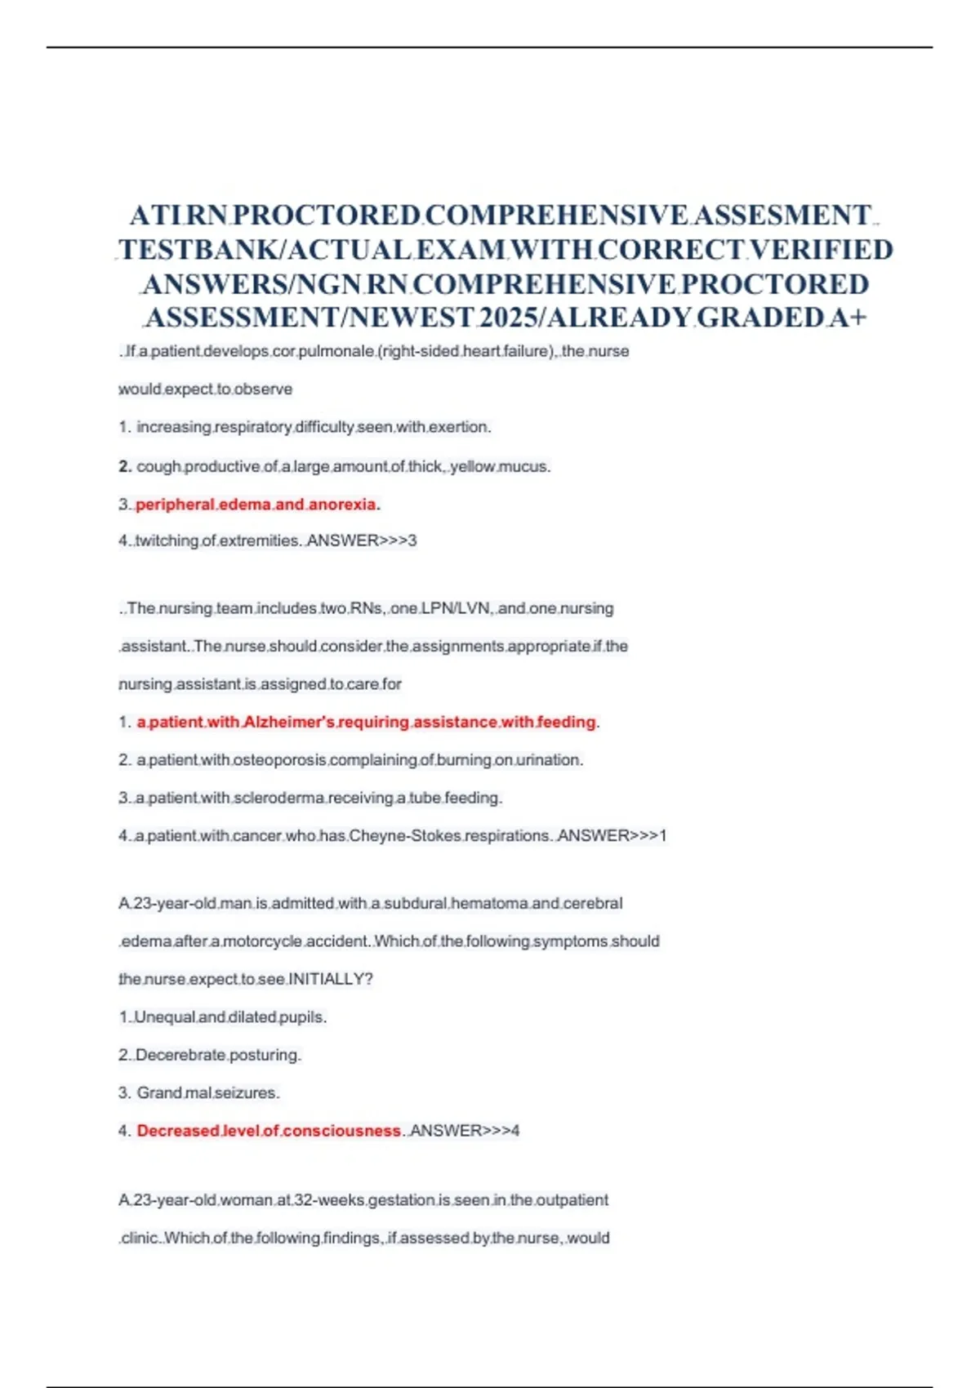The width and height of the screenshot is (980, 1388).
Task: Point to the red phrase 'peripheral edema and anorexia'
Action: click(256, 505)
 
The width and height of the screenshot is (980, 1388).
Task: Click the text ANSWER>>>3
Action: click(362, 541)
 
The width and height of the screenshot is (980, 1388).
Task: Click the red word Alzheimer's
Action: click(288, 722)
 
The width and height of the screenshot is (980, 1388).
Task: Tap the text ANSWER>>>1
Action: click(612, 836)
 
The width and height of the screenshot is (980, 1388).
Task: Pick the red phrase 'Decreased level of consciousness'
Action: click(269, 1131)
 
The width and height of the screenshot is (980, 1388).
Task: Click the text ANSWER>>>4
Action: click(465, 1131)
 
